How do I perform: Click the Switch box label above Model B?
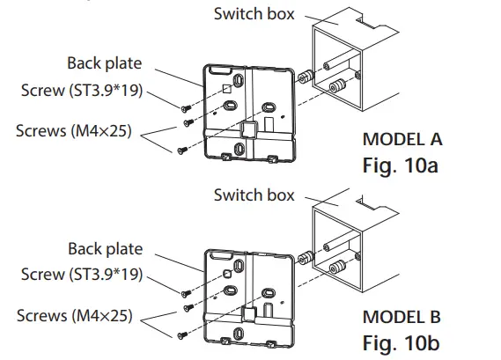tap(254, 195)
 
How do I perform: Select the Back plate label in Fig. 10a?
tap(105, 63)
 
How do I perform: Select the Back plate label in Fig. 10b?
tap(105, 250)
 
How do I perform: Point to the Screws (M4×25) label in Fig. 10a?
tap(73, 130)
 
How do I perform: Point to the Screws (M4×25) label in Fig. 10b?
tap(73, 314)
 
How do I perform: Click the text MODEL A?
tap(402, 139)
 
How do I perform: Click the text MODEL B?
tap(402, 317)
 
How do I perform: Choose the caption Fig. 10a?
tap(402, 165)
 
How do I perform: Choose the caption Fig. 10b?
tap(402, 342)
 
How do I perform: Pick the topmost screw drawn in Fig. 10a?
tap(187, 108)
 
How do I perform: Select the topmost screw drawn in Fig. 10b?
tap(187, 293)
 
